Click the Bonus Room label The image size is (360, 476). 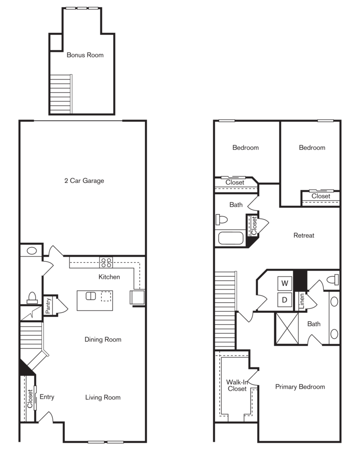coord(85,55)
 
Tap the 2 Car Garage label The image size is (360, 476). coord(84,181)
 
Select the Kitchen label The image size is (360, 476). coord(109,277)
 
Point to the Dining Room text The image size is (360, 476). coord(103,340)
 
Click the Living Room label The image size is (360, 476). coord(103,397)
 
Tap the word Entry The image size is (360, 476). coord(47,397)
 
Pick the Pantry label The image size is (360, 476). coord(48,306)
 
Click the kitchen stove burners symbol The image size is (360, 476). coord(106,262)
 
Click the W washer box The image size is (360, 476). coord(285,284)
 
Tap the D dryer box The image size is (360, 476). coord(285,300)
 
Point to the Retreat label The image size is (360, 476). coord(303,235)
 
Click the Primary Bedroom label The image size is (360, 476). coord(300,387)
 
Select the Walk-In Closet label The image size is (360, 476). coord(236,385)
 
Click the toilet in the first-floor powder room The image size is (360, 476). coord(32,298)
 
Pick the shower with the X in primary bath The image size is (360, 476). coord(287,328)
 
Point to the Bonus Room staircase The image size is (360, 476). coord(60,93)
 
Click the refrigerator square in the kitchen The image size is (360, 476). coord(137,297)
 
